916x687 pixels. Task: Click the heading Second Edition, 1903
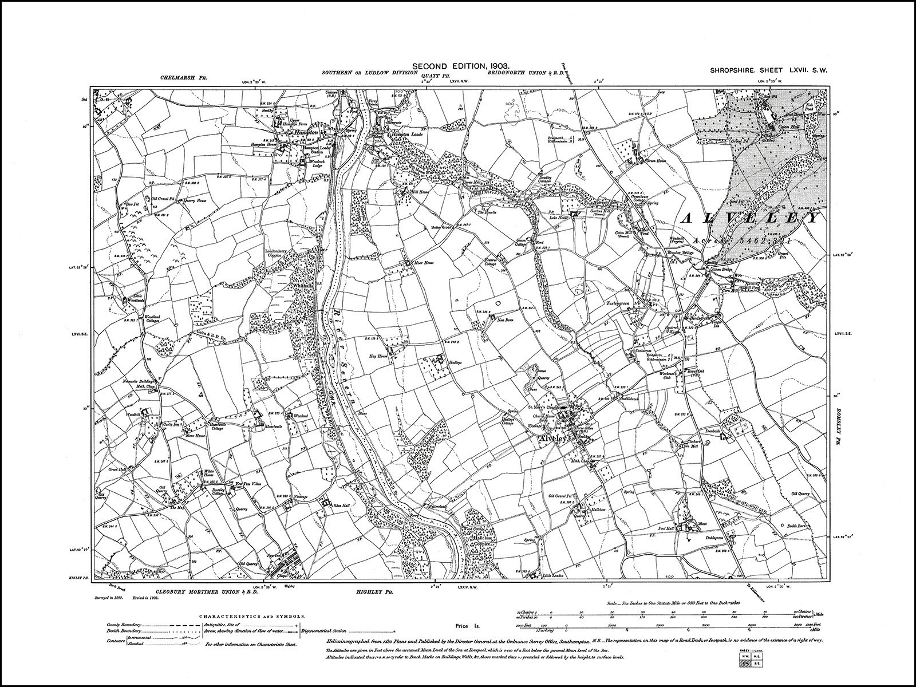pos(457,67)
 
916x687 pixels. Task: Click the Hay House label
pos(377,355)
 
